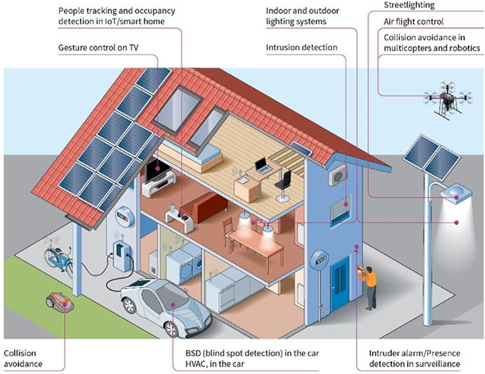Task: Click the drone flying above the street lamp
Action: pyautogui.click(x=448, y=98)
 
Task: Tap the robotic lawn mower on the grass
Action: pyautogui.click(x=60, y=301)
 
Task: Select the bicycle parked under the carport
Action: pyautogui.click(x=58, y=257)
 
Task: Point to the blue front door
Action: pyautogui.click(x=340, y=282)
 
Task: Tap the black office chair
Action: pyautogui.click(x=284, y=186)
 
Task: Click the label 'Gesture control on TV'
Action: pyautogui.click(x=98, y=48)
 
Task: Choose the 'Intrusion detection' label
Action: pyautogui.click(x=301, y=48)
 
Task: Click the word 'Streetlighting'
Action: pyautogui.click(x=409, y=5)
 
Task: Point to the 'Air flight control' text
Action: pyautogui.click(x=414, y=22)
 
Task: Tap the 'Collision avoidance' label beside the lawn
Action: pyautogui.click(x=23, y=359)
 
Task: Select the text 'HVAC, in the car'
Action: pyautogui.click(x=214, y=363)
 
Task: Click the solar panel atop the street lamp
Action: pyautogui.click(x=432, y=158)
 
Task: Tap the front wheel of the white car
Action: pyautogui.click(x=172, y=329)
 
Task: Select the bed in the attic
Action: pyautogui.click(x=193, y=157)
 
